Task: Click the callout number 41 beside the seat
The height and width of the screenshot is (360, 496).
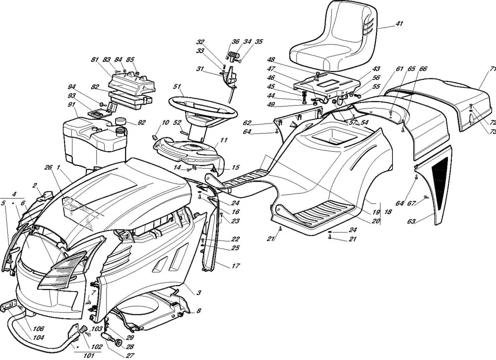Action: point(399,23)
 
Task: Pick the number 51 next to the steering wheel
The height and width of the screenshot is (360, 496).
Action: point(177,86)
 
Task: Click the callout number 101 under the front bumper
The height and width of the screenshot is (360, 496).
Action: point(89,356)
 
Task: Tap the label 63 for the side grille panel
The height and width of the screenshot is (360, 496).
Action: point(411,222)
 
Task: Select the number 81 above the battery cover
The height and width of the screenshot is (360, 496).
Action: point(95,60)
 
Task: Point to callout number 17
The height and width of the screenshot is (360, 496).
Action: point(236,266)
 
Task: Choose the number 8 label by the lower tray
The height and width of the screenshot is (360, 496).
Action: point(198,311)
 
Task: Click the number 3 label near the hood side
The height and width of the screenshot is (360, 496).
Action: point(198,293)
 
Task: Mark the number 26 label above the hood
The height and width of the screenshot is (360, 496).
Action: point(48,167)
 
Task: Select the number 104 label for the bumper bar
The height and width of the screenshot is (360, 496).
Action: point(38,338)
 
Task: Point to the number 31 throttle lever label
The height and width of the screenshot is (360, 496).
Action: point(200,68)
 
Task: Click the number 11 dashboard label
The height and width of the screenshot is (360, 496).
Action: point(224,140)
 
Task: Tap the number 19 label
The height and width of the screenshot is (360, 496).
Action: point(375,212)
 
